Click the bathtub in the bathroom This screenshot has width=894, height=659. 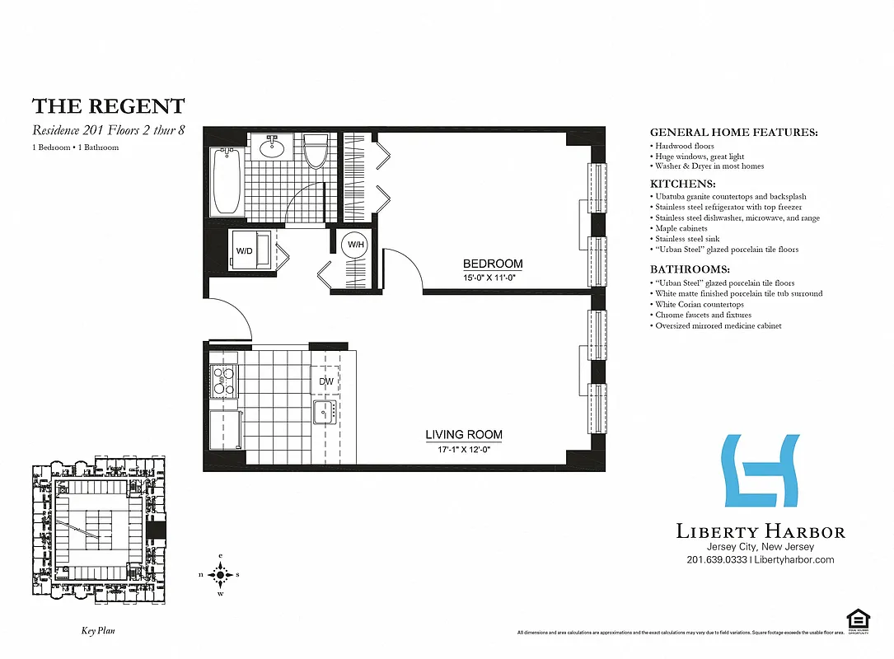click(226, 181)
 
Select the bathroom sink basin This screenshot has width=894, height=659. click(273, 149)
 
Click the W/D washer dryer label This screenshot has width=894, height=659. click(245, 250)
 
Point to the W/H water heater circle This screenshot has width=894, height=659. click(355, 245)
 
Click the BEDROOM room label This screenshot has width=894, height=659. click(493, 264)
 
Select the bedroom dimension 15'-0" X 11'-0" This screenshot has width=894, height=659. click(493, 278)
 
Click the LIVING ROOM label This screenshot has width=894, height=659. click(464, 434)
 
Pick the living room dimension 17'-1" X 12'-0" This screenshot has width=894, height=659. click(464, 449)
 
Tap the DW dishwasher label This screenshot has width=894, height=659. click(327, 381)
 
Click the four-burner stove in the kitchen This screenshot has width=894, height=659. click(224, 381)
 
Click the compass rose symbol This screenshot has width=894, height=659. click(219, 574)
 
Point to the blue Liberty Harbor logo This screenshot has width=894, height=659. click(760, 471)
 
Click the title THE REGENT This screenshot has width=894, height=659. click(109, 106)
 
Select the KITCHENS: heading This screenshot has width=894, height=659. click(683, 184)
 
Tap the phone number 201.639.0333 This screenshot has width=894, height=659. click(716, 559)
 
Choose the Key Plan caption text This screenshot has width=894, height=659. click(97, 631)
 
